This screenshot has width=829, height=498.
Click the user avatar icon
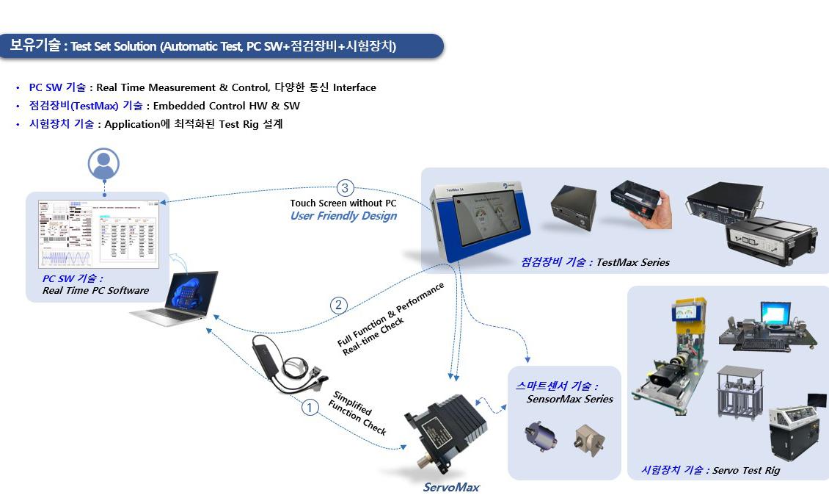[103, 164]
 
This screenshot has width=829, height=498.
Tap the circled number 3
[346, 187]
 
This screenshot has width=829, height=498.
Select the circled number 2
[338, 305]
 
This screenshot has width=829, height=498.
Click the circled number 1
[311, 407]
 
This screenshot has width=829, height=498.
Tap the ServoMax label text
[451, 487]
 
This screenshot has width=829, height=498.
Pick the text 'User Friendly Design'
[343, 216]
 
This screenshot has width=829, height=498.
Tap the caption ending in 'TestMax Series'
[595, 262]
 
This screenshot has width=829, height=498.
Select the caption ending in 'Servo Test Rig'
[710, 470]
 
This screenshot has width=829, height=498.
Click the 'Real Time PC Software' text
[95, 290]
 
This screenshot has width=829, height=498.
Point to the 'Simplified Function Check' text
[357, 412]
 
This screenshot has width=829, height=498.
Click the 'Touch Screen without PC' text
[343, 203]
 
